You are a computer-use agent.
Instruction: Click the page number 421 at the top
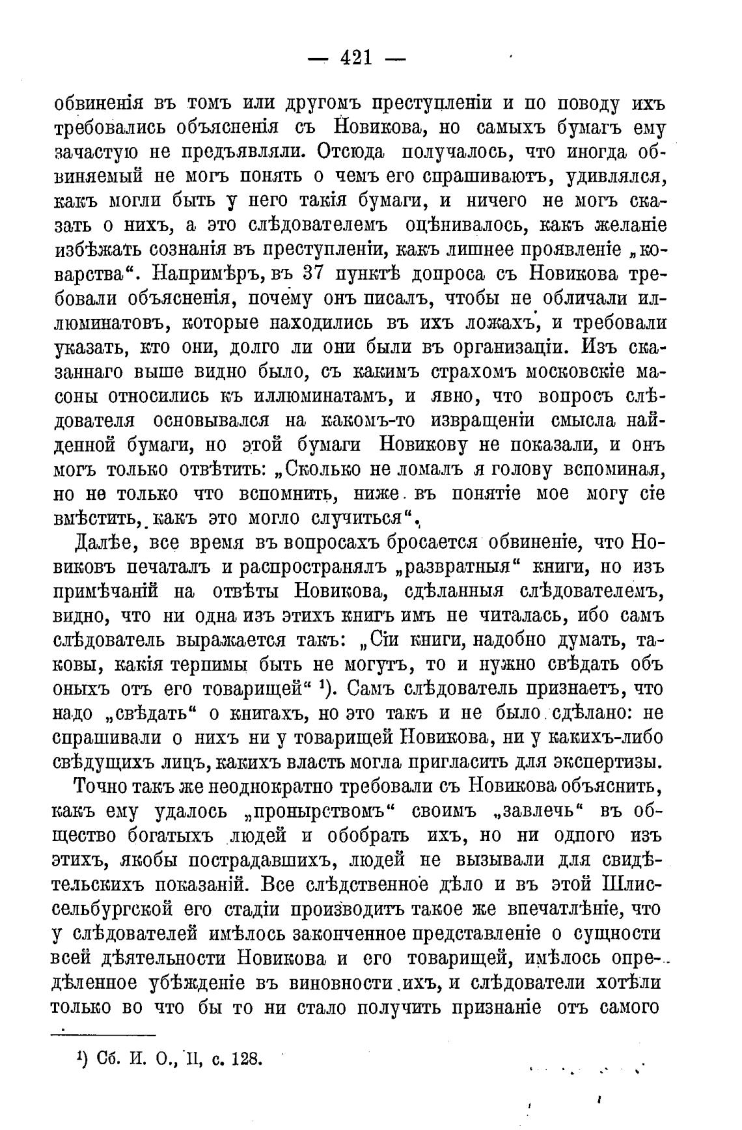(x=356, y=59)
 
